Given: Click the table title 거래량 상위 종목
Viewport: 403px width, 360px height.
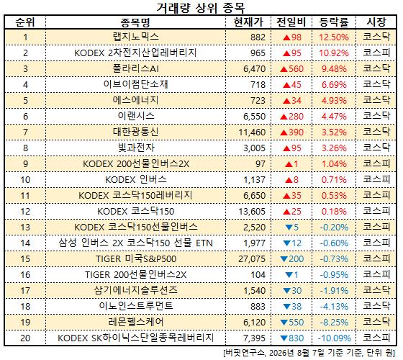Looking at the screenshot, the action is coord(201,8).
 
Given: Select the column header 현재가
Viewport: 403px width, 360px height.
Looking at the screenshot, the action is coord(248,22).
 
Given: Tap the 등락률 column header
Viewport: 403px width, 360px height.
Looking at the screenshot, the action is coord(334,22).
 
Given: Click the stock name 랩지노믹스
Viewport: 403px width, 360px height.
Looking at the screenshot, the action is coord(136,37).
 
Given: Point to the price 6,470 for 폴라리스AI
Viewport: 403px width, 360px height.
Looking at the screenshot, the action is coord(255,69).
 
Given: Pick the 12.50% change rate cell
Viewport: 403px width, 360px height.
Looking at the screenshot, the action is coord(334,37).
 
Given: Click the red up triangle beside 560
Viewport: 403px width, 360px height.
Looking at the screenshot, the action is coord(284,69).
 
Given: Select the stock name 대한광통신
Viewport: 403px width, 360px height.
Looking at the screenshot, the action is coord(136,132).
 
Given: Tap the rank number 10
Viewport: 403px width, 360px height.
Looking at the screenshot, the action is coord(25,180).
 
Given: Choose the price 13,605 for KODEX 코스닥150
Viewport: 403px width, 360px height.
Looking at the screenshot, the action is coord(252,212).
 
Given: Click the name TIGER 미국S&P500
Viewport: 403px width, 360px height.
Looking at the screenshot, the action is coord(136,258).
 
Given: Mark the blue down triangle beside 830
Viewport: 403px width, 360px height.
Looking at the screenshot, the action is coord(284,338).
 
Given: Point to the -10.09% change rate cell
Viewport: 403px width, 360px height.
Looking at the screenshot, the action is coord(335,338).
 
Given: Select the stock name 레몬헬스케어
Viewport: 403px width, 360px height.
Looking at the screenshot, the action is coord(136,322).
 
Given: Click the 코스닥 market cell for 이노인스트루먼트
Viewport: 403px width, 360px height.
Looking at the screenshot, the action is coord(376,306).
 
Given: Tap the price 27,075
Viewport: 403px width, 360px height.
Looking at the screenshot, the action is coord(252,259).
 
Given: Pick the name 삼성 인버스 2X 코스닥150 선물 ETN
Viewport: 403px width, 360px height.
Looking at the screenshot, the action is coord(136,243).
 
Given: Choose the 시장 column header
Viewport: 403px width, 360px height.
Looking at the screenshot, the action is coord(376,22).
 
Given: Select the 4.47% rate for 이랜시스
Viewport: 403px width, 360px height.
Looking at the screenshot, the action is coord(334,117).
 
